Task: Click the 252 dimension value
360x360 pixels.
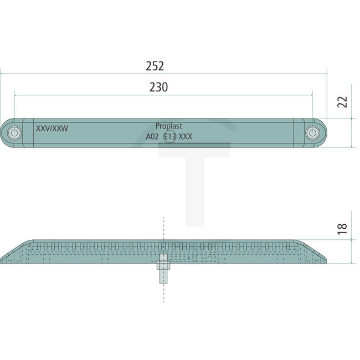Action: click(x=155, y=66)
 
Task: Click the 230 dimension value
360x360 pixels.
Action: click(x=158, y=87)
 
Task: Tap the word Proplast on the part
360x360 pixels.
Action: click(x=169, y=126)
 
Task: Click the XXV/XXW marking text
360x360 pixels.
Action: click(x=52, y=128)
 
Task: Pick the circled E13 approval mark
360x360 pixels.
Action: click(x=169, y=136)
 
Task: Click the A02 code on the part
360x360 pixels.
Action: click(x=152, y=136)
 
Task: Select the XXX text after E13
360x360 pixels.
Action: click(x=186, y=136)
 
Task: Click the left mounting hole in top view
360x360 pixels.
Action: click(x=14, y=133)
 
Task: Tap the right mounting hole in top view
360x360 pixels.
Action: click(x=313, y=133)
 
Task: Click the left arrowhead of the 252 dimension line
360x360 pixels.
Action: click(x=2, y=73)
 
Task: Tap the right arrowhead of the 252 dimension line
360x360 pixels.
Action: click(x=325, y=73)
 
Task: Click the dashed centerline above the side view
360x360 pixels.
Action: click(x=163, y=227)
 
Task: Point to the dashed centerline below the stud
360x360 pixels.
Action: click(x=163, y=294)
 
